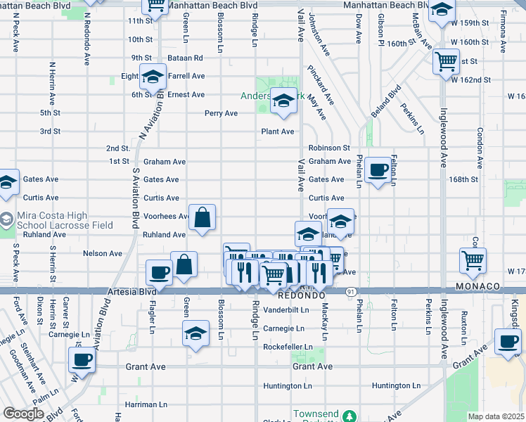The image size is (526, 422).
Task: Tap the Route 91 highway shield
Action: (x=349, y=291)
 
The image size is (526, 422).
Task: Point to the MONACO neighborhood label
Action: (x=477, y=287)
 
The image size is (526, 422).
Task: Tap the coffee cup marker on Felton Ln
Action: (x=378, y=170)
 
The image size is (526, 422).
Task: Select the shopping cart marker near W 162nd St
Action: (x=446, y=62)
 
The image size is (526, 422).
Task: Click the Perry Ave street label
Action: (x=221, y=113)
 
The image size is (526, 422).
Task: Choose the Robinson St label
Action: (x=329, y=148)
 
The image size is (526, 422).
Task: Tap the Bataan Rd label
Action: (x=185, y=58)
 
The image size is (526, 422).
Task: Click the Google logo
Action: (x=23, y=414)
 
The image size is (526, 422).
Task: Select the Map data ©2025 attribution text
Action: (x=496, y=416)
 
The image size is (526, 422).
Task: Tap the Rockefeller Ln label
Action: (x=287, y=347)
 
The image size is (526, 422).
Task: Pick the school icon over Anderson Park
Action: (x=283, y=103)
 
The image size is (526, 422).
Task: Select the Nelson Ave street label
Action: (x=103, y=253)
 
